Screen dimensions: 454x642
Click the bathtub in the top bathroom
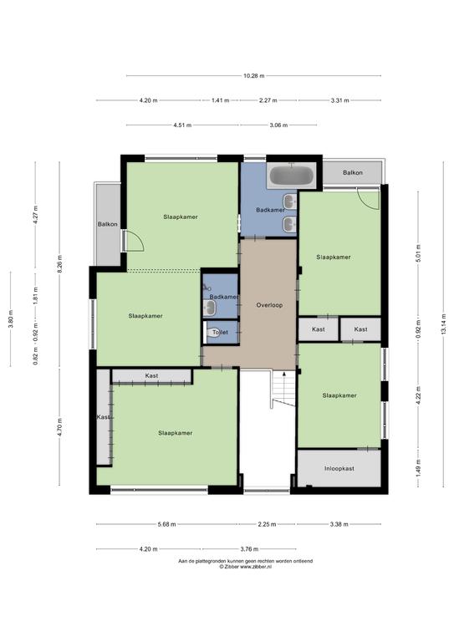[x=291, y=176]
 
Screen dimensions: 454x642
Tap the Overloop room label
[x=269, y=305]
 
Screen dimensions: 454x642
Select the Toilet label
[x=220, y=333]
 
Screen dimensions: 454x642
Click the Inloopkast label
[x=339, y=468]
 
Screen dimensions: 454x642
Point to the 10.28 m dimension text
[x=254, y=76]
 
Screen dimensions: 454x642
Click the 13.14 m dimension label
[x=443, y=324]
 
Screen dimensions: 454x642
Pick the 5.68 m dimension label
[x=166, y=524]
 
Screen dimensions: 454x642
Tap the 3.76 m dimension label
[x=249, y=549]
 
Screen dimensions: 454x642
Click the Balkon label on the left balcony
[x=108, y=224]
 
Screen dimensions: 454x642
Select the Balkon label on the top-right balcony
[x=353, y=173]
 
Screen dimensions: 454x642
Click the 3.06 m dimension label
[x=278, y=125]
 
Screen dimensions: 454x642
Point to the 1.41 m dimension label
[x=220, y=100]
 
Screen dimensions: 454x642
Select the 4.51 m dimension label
[x=182, y=125]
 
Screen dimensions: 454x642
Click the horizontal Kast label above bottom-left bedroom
[x=151, y=375]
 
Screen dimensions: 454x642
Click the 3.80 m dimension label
[x=11, y=318]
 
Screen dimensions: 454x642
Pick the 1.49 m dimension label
[x=418, y=467]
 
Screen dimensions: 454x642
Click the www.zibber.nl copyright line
[x=245, y=567]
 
